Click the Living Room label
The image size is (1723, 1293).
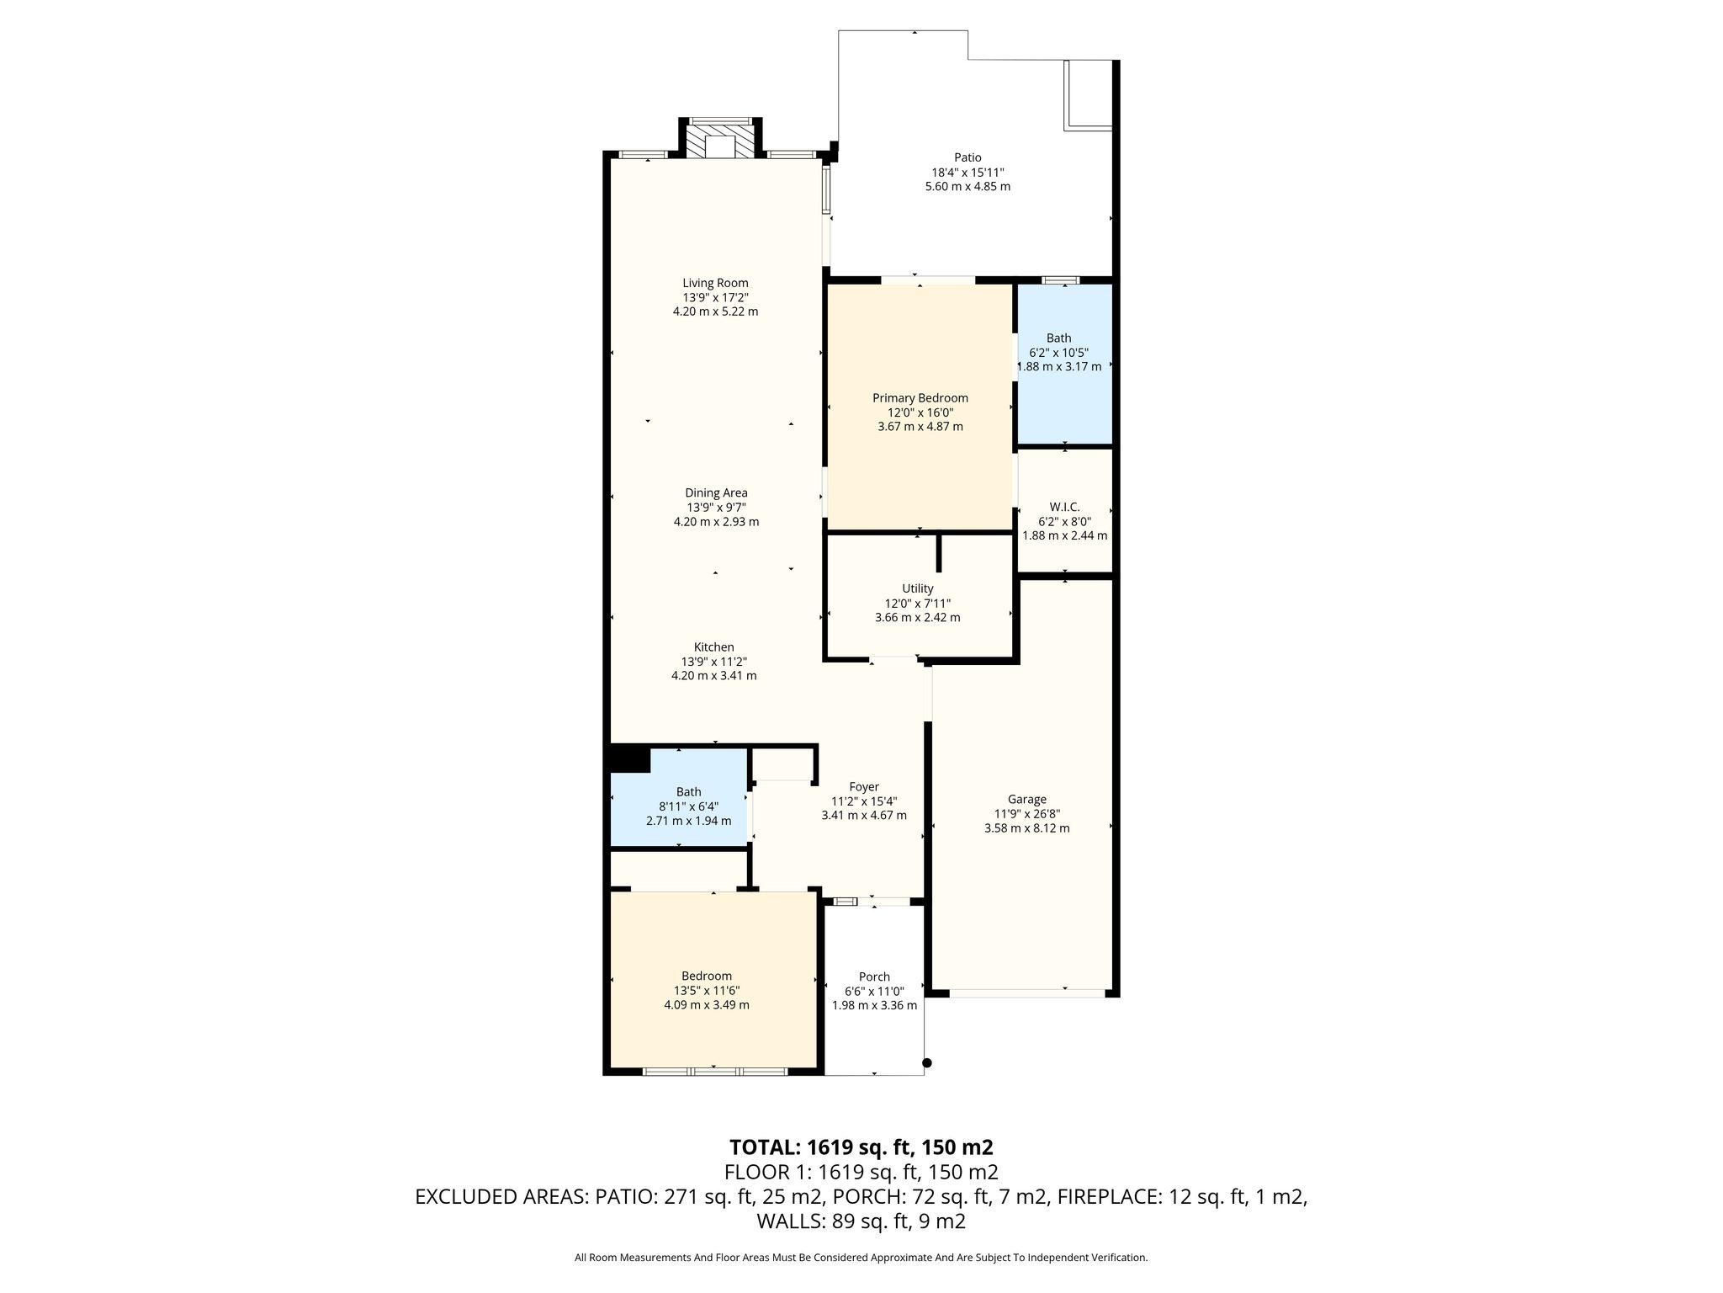pos(715,283)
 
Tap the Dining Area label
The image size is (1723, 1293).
pos(716,493)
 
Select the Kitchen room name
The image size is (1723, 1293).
pos(714,647)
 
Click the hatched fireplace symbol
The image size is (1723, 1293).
pos(720,141)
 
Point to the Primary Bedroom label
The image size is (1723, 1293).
pos(920,398)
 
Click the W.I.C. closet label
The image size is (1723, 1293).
pos(1064,507)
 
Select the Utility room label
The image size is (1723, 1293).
pos(918,588)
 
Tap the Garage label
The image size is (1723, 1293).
pos(1027,800)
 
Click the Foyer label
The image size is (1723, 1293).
pos(864,787)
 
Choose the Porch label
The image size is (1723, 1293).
pos(875,976)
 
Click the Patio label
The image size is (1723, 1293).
pos(968,157)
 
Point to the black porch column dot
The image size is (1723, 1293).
pos(927,1062)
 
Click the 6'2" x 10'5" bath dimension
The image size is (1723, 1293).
pos(1059,353)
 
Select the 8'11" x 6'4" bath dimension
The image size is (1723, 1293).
pos(689,806)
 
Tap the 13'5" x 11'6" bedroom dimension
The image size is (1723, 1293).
pos(707,991)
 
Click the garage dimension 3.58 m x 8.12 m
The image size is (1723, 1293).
pos(1027,828)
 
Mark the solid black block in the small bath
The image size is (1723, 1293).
pos(629,758)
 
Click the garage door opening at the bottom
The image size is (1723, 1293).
pos(1027,993)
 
